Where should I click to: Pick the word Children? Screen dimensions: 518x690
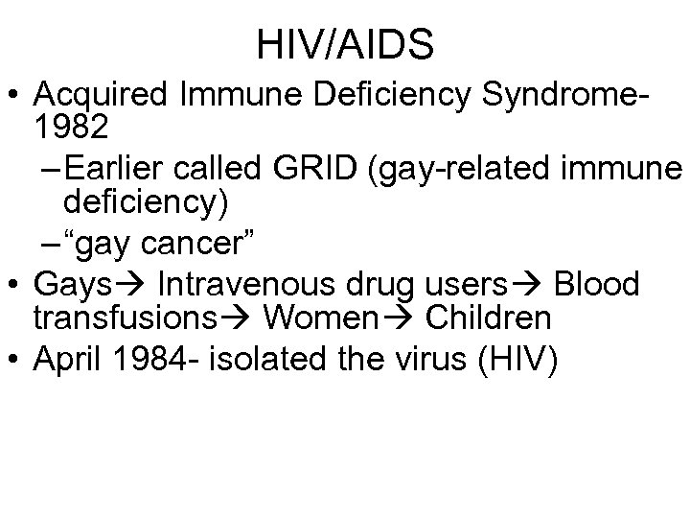pos(489,315)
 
